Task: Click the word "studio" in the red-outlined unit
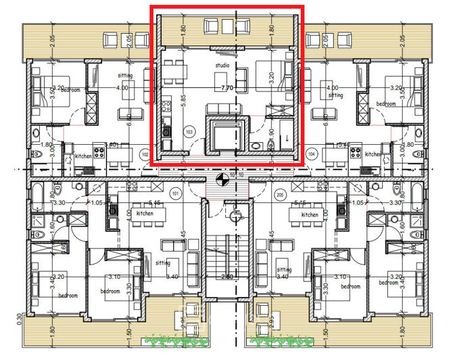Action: pos(222,66)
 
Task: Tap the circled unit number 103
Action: pos(189,131)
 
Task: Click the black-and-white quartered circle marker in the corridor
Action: pos(219,179)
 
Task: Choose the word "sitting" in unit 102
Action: pos(124,76)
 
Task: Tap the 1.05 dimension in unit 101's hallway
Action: pos(96,202)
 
